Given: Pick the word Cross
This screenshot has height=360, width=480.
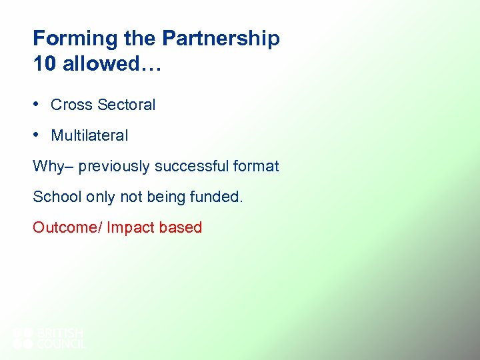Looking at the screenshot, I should tap(71, 105).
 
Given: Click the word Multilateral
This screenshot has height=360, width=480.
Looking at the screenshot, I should tap(89, 135).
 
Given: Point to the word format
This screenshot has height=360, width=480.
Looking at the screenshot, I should tap(256, 166).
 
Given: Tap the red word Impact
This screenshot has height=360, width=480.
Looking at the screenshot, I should tap(131, 227).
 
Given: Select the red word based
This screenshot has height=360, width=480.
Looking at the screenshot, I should tap(181, 227).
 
